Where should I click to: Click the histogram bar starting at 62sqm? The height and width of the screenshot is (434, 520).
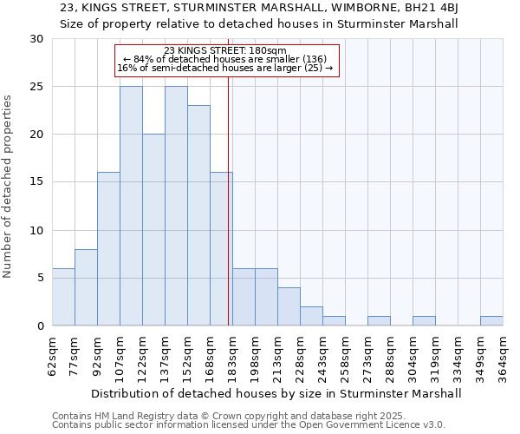click(x=63, y=297)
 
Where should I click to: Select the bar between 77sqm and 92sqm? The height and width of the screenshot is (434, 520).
click(x=86, y=287)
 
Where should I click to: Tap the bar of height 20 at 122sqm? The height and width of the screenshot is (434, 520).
click(x=153, y=230)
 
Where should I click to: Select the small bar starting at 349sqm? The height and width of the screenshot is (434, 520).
click(x=491, y=320)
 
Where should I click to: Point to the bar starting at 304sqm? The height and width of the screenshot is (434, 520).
click(x=424, y=320)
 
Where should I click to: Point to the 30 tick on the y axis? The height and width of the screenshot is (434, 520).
click(x=36, y=39)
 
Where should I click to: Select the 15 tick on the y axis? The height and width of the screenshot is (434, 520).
click(x=36, y=182)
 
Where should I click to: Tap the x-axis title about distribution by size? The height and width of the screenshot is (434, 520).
click(x=276, y=393)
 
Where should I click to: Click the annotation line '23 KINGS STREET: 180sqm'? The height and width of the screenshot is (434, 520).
click(x=225, y=50)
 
